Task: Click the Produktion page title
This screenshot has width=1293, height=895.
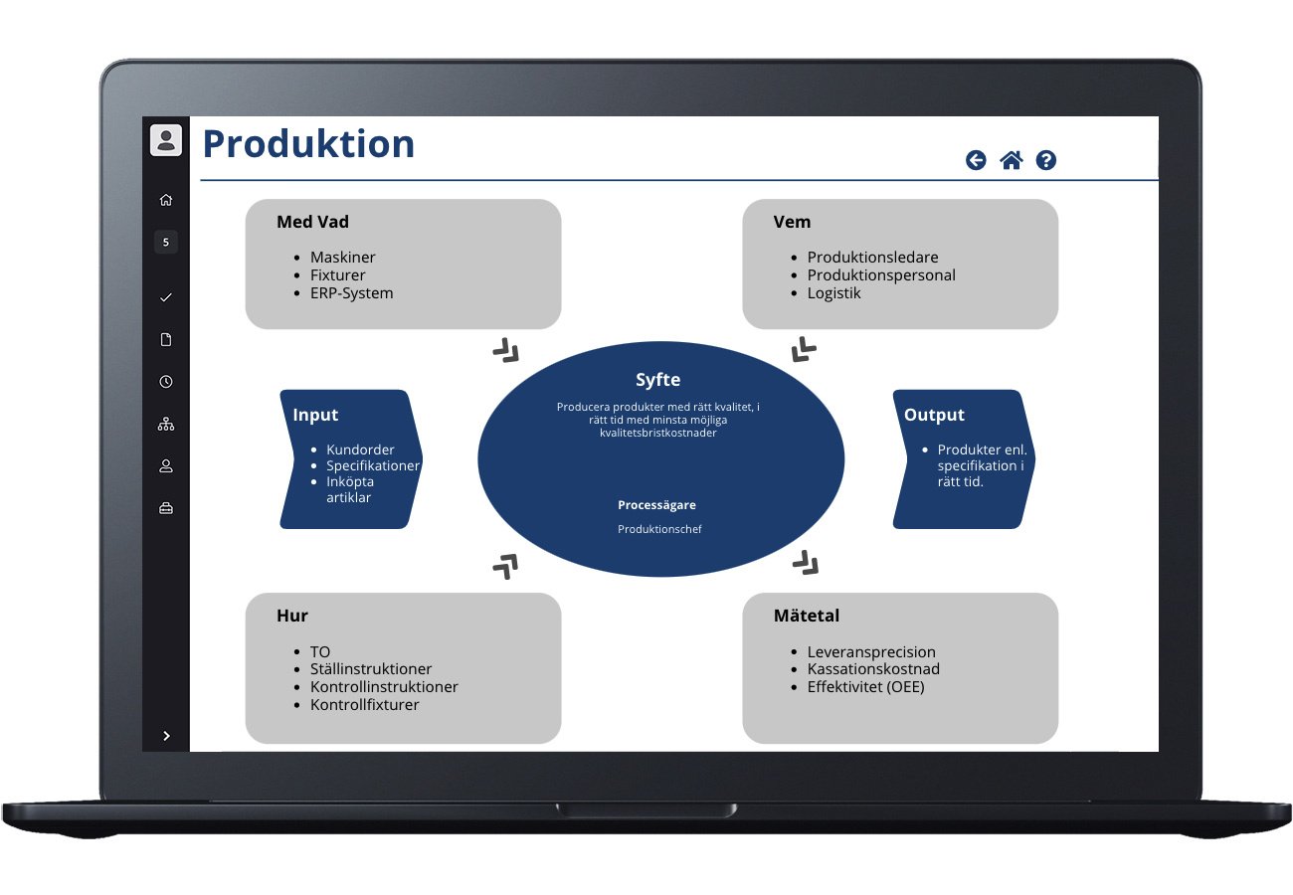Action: pyautogui.click(x=308, y=144)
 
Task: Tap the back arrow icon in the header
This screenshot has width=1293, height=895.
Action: pyautogui.click(x=976, y=160)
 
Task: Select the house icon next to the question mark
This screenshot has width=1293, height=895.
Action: pyautogui.click(x=1011, y=160)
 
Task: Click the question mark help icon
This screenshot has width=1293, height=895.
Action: pyautogui.click(x=1045, y=160)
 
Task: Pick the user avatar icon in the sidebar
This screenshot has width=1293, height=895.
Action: pyautogui.click(x=166, y=139)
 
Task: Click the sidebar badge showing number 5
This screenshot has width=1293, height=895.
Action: pyautogui.click(x=166, y=242)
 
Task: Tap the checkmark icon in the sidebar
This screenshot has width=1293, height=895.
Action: pyautogui.click(x=166, y=297)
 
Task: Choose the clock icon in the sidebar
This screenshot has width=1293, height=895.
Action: pyautogui.click(x=166, y=382)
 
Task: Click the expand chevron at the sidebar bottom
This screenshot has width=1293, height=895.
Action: pyautogui.click(x=166, y=736)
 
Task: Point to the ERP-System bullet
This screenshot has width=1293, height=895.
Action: pyautogui.click(x=351, y=293)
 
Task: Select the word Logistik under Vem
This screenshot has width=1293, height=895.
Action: pyautogui.click(x=833, y=293)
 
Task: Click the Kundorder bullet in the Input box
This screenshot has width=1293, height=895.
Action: pyautogui.click(x=360, y=449)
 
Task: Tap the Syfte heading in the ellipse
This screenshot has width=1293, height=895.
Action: pyautogui.click(x=658, y=380)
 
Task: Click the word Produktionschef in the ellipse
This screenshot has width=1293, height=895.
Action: pyautogui.click(x=659, y=529)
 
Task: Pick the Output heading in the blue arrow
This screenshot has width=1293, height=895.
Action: pyautogui.click(x=934, y=415)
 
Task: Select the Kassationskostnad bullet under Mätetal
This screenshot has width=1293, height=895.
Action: pyautogui.click(x=873, y=669)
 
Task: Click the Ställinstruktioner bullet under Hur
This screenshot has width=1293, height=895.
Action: pyautogui.click(x=371, y=669)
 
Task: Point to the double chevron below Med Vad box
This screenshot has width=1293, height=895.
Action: pyautogui.click(x=506, y=349)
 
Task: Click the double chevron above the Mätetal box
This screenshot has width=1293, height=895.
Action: pyautogui.click(x=806, y=564)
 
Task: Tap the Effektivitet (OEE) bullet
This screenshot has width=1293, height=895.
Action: pyautogui.click(x=865, y=686)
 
